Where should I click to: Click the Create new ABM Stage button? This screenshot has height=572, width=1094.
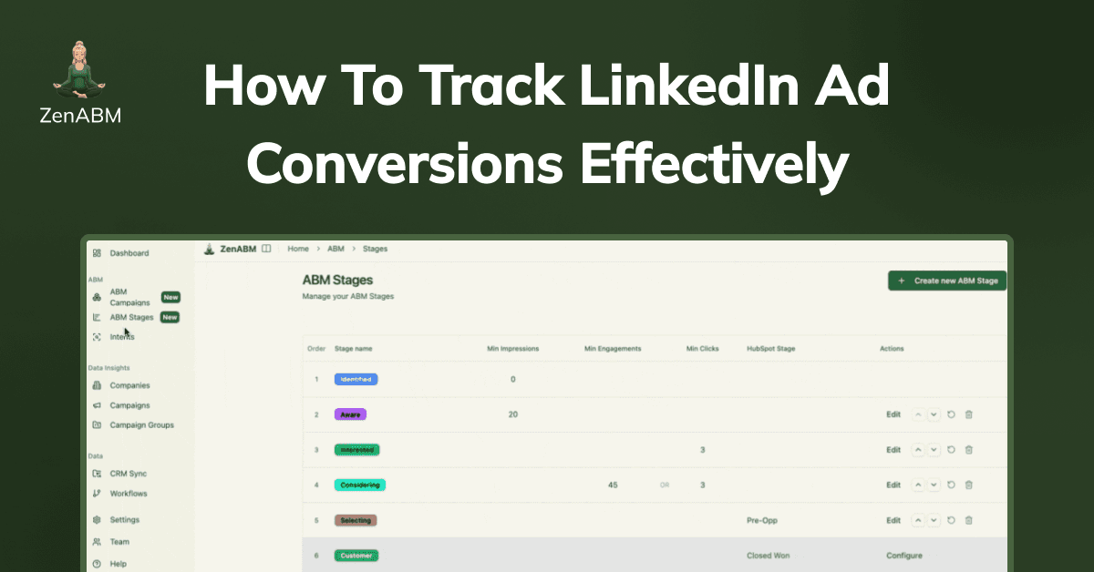coord(947,281)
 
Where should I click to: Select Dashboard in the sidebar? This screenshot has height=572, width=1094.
coord(129,253)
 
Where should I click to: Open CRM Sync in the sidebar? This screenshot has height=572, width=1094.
coord(128,474)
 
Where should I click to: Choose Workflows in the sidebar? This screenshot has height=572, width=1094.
coord(128,494)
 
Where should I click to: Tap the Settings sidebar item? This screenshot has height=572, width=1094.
coord(124,520)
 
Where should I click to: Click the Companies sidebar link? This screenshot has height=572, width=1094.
coord(129,385)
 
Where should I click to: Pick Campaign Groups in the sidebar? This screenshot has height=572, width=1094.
coord(141,425)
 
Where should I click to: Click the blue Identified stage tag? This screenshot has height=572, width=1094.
coord(356,379)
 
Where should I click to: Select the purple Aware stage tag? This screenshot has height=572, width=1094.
coord(350,414)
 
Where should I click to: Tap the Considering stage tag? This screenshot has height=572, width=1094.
coord(359,485)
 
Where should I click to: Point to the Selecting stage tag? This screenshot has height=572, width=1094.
coord(356,520)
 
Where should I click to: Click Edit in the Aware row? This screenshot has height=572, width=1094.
coord(893,414)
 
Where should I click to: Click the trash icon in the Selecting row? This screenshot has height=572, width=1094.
coord(968,520)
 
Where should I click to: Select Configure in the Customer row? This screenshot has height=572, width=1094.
coord(903,556)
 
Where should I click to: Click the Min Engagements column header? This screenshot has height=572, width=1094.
coord(613,349)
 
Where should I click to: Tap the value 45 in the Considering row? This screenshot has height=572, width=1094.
coord(613,485)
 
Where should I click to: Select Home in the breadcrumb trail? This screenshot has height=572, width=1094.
coord(298,249)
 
